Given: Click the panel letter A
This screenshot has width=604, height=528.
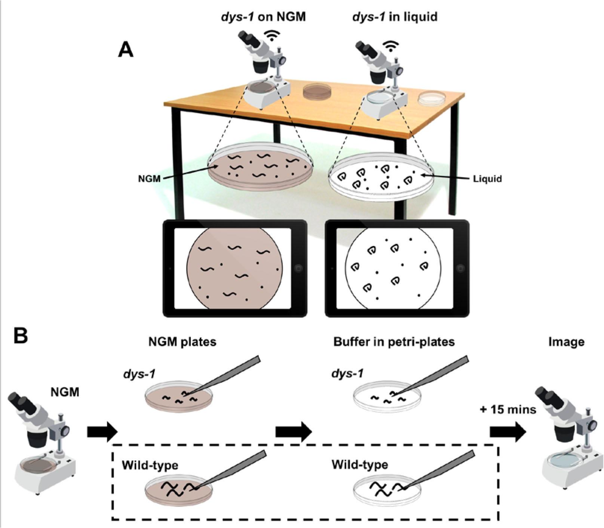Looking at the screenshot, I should pyautogui.click(x=126, y=50).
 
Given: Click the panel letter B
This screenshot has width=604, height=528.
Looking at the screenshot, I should pyautogui.click(x=21, y=336).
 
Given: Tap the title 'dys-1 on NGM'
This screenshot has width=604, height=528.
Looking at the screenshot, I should pyautogui.click(x=263, y=17).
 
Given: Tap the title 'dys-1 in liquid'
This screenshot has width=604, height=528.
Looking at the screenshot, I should pyautogui.click(x=395, y=17).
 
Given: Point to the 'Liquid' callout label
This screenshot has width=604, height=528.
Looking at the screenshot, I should pyautogui.click(x=487, y=179).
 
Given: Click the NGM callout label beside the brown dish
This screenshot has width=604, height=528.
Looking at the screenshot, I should pyautogui.click(x=149, y=179).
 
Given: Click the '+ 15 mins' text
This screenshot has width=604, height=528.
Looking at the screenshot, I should pyautogui.click(x=508, y=410).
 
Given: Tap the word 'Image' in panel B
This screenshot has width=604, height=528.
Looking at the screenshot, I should pyautogui.click(x=566, y=342).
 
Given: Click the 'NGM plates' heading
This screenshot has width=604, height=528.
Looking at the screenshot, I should pyautogui.click(x=182, y=342).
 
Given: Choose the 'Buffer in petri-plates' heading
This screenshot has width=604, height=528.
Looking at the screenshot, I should pyautogui.click(x=394, y=342).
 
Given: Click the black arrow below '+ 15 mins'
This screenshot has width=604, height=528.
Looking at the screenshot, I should pyautogui.click(x=508, y=432).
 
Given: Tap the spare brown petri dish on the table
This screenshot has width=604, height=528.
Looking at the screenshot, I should pyautogui.click(x=317, y=91).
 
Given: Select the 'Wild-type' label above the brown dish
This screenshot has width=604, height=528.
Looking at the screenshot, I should pyautogui.click(x=150, y=465).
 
